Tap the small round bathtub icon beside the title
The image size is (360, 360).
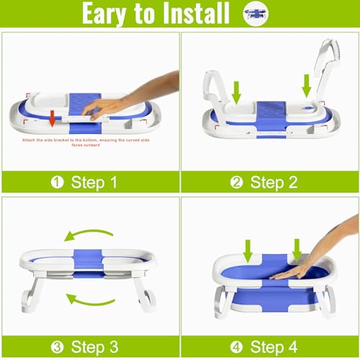point(253,14)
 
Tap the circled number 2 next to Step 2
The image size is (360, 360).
point(237,182)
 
